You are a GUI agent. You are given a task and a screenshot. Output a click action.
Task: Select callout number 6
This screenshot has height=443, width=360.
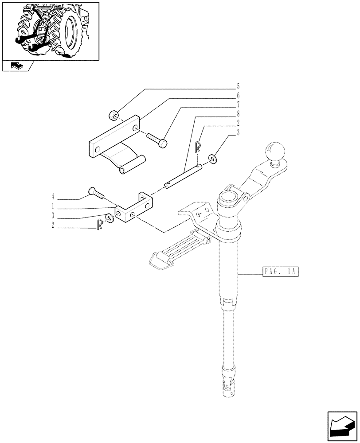[x=238, y=95]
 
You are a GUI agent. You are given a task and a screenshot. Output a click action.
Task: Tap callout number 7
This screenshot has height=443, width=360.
[x=238, y=106]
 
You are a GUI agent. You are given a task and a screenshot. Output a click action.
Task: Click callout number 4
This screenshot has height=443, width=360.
[x=53, y=195]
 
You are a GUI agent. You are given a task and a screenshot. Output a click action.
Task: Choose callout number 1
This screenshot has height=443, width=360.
[x=53, y=206]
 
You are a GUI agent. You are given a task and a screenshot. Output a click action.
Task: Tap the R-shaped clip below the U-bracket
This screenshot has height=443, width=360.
[x=99, y=223]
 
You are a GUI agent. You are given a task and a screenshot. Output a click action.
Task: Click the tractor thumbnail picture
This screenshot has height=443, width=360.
[x=50, y=31]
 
